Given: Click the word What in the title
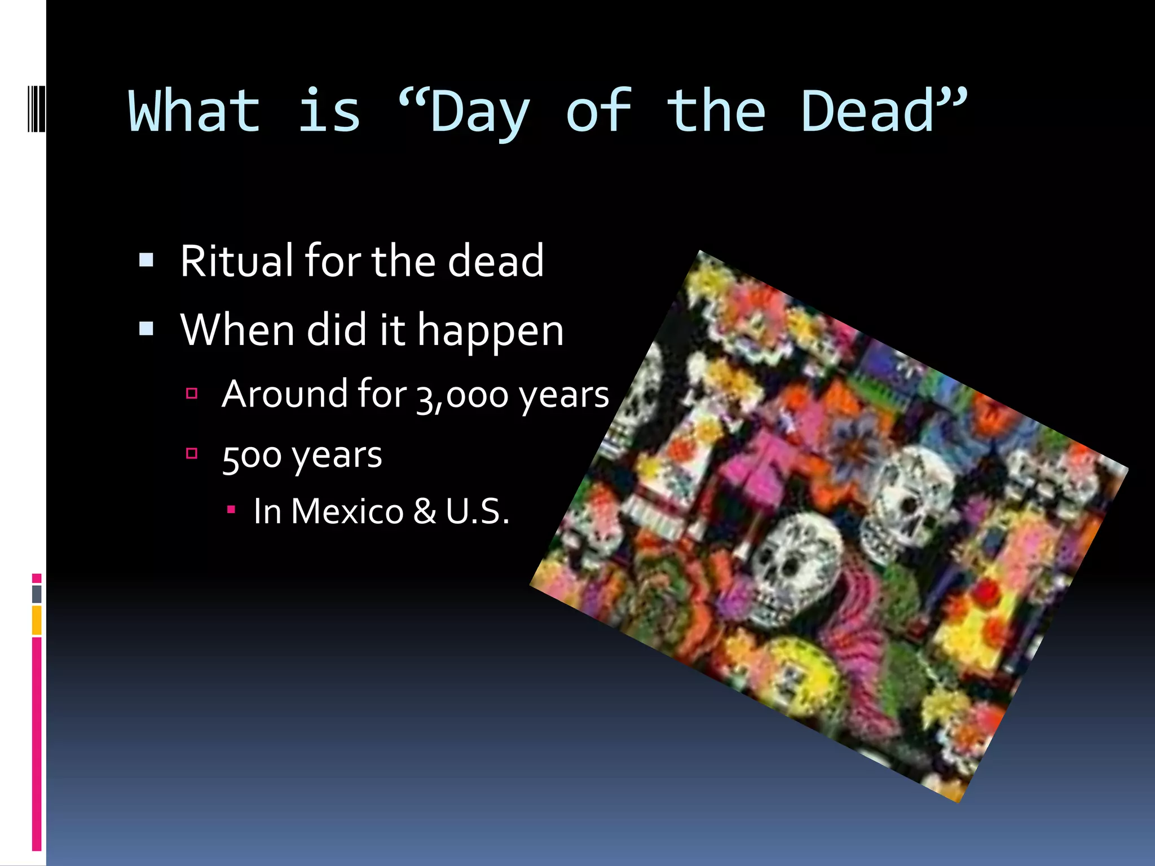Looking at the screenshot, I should coord(194,112).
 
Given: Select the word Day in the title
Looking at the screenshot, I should coord(479,113).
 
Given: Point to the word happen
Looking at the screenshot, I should coord(490,332).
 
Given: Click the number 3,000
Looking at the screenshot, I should coord(462,395).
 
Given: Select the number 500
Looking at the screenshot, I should coord(252,456).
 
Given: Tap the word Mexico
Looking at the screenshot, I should coord(347,511).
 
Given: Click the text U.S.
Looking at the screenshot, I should coord(477,511).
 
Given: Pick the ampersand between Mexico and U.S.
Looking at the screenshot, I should coord(424,511).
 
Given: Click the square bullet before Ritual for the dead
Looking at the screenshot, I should coord(146,260).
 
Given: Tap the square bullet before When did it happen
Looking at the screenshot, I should coord(146,329).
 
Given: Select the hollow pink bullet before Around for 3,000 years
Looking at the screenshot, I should coord(192,393).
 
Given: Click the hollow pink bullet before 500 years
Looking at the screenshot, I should coord(192,453).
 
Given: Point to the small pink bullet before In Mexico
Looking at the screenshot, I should coord(231,510).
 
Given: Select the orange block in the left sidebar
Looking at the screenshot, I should coord(37,620).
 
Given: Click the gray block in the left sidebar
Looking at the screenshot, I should coord(37,594).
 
